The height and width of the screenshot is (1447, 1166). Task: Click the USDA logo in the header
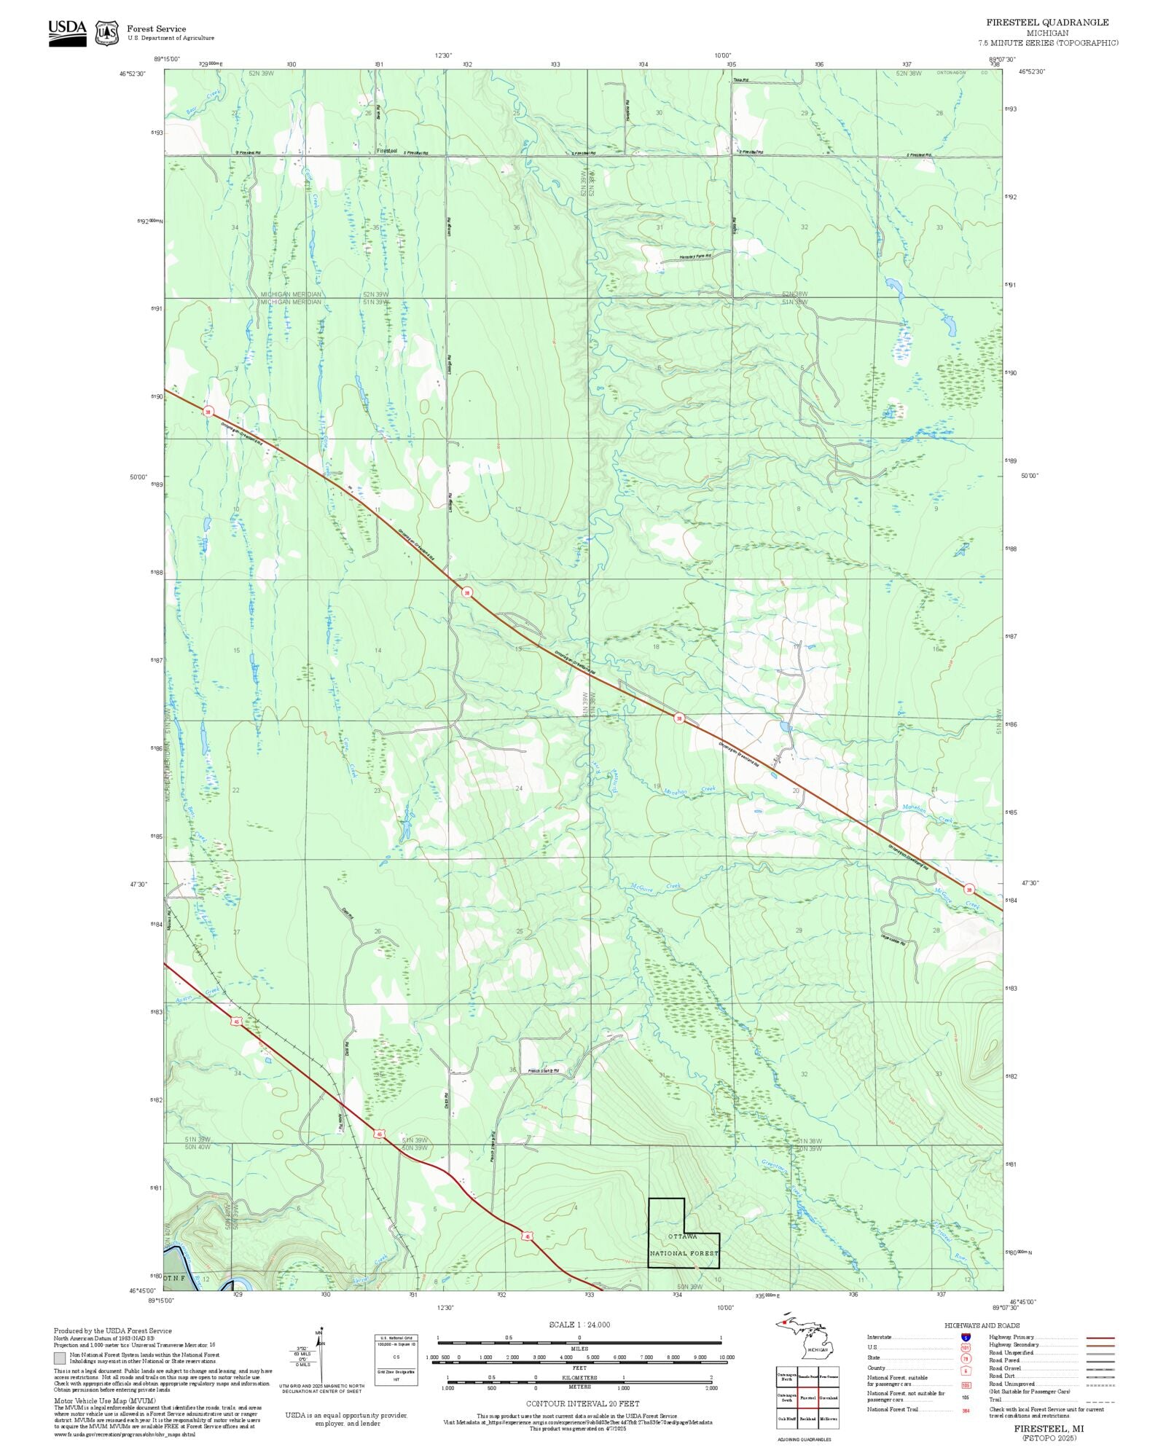(67, 33)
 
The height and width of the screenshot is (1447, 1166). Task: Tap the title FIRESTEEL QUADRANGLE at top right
(1047, 23)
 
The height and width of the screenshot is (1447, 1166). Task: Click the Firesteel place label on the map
(387, 151)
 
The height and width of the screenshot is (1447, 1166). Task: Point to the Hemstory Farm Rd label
(694, 256)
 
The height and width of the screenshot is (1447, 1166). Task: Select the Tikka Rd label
(740, 79)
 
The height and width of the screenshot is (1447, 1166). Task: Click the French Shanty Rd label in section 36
(543, 1071)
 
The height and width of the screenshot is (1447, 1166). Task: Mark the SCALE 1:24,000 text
(579, 1325)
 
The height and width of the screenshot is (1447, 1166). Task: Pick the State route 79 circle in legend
(966, 1358)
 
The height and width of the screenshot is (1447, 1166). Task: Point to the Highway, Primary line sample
(1100, 1338)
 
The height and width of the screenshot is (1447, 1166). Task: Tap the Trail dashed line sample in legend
(1100, 1400)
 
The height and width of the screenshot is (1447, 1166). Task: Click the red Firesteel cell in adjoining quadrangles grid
(807, 1397)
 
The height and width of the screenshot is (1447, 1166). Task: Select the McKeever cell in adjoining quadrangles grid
(829, 1419)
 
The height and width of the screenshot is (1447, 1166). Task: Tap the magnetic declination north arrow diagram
(319, 1357)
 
